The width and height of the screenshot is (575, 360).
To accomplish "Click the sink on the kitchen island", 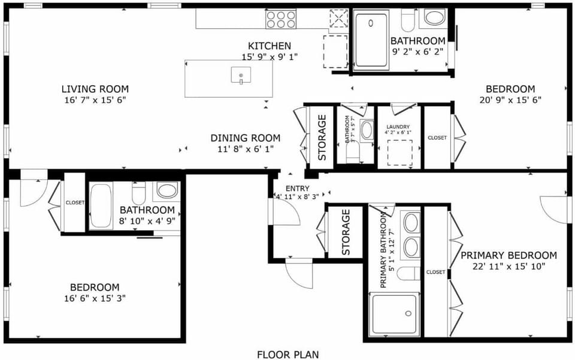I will (241, 76).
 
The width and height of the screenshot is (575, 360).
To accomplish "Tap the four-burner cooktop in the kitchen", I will (281, 19).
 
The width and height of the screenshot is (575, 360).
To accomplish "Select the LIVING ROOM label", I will (95, 89).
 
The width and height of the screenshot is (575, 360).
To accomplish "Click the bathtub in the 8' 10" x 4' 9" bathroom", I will (101, 205).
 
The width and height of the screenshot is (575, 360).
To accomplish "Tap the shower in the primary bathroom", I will (395, 314).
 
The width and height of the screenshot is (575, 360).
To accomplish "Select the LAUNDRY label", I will (398, 127).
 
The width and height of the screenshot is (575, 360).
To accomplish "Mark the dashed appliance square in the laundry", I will (400, 152).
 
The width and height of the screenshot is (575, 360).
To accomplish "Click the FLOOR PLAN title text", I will (287, 354).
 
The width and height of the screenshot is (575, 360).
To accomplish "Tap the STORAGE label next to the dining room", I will (322, 138).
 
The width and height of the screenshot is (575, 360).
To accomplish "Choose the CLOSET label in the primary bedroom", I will (435, 272).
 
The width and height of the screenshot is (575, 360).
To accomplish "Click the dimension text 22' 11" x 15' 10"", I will (509, 266).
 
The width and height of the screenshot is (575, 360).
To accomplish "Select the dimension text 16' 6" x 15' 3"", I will (95, 298).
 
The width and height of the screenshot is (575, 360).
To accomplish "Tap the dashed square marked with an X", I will (339, 19).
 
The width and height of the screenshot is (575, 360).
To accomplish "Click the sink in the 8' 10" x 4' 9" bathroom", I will (166, 192).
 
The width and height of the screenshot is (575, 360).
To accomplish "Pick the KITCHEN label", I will (270, 46).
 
